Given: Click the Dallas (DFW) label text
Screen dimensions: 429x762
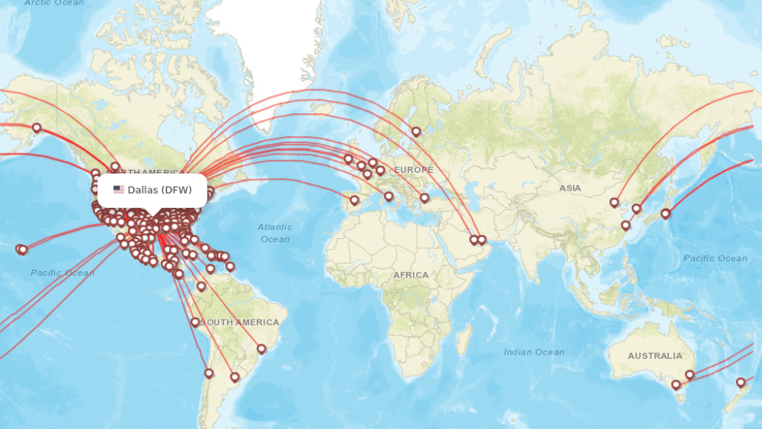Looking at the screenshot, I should click(x=159, y=190).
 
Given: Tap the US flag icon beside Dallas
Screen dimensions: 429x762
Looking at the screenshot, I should click(x=118, y=190).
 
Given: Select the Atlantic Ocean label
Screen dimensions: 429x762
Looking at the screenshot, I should click(x=275, y=232).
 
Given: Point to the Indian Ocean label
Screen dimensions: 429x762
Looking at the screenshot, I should click(x=534, y=352).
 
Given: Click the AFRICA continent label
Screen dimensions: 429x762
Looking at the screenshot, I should click(x=411, y=275).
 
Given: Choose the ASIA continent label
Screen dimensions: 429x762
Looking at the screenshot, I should click(x=570, y=188).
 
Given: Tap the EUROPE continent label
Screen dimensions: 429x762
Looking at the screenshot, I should click(x=413, y=170).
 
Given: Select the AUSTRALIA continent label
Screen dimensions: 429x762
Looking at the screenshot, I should click(x=654, y=356).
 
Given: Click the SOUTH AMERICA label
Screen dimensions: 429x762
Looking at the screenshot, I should click(x=240, y=322).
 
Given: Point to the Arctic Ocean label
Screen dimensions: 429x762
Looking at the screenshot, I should click(x=54, y=3).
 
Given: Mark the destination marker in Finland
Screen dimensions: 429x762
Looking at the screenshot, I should click(x=416, y=132).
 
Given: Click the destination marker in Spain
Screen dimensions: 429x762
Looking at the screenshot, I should click(x=354, y=200).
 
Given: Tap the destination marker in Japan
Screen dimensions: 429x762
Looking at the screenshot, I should click(x=665, y=214).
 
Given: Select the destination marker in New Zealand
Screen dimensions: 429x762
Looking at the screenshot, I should click(x=740, y=383).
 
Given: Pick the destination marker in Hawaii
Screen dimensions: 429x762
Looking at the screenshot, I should click(x=22, y=250).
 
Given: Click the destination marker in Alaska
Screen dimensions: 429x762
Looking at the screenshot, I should click(x=36, y=127).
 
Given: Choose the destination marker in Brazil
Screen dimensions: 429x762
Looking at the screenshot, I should click(x=261, y=349).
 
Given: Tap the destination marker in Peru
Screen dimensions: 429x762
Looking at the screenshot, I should click(x=195, y=322).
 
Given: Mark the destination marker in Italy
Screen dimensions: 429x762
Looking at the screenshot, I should click(x=388, y=197).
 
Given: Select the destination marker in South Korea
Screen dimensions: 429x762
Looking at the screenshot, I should click(x=636, y=209).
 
